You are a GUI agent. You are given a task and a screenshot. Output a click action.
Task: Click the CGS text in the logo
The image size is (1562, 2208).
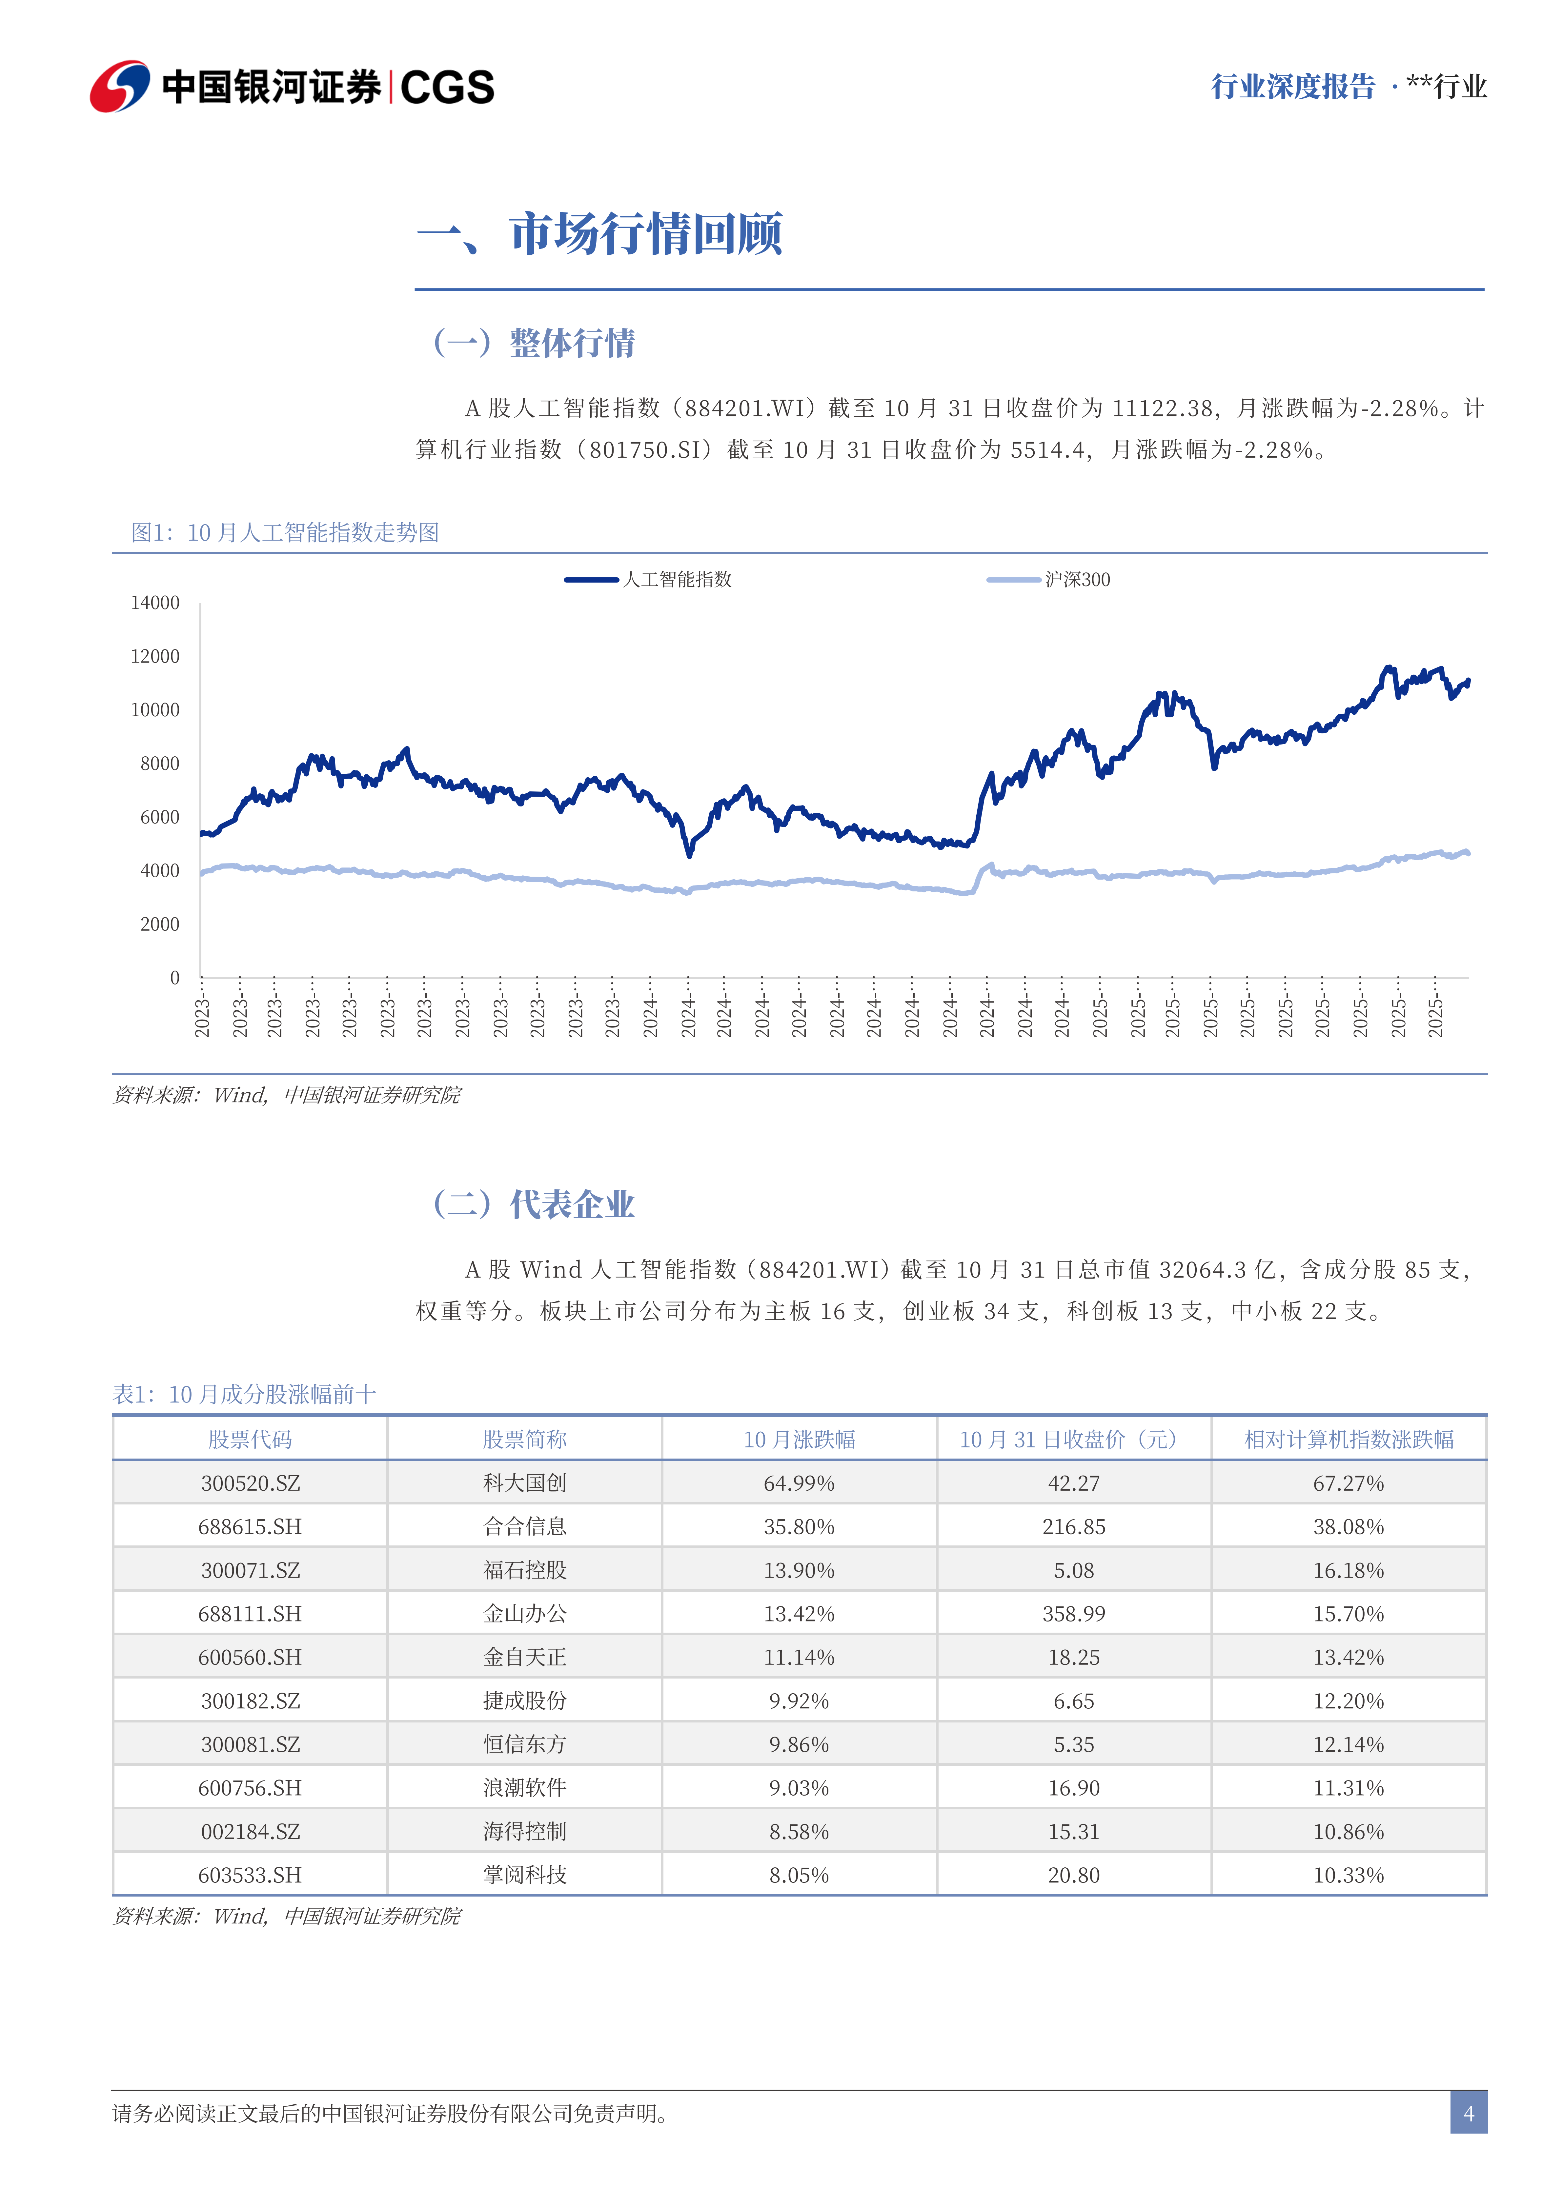coord(447,88)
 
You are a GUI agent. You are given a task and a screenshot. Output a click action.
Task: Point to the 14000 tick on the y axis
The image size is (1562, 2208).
coord(155,603)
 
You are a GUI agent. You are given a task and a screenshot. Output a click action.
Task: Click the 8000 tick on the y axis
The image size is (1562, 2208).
coord(160,764)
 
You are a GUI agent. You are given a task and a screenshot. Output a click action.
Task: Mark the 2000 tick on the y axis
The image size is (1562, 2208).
coord(160,924)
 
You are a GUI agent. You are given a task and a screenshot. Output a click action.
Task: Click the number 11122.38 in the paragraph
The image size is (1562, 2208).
coord(1162,409)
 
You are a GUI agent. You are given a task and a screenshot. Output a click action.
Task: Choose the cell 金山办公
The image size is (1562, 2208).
coord(524,1614)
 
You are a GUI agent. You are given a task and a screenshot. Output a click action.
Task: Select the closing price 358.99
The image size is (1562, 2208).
coord(1073,1614)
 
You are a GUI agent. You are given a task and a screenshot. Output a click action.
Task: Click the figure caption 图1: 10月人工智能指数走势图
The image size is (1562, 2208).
coord(285,533)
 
